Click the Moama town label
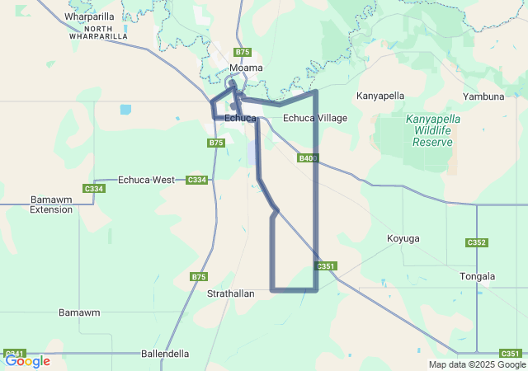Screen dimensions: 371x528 [x=246, y=68]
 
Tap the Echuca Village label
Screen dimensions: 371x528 [x=315, y=118]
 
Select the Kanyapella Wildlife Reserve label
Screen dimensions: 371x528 [x=433, y=130]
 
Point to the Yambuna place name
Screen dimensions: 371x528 [x=483, y=96]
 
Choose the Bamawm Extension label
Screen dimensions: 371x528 [x=51, y=204]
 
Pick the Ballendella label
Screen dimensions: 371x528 [x=165, y=354]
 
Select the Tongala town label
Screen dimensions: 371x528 [x=478, y=276]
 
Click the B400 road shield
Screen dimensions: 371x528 [x=308, y=157]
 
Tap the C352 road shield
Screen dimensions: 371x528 [x=477, y=242]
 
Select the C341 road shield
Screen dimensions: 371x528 [x=13, y=353]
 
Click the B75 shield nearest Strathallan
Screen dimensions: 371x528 [x=199, y=277]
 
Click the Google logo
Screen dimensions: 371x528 [x=27, y=360]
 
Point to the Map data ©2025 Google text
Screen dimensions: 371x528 [x=476, y=364]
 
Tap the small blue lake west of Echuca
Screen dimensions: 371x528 [x=125, y=110]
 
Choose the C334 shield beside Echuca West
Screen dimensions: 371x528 [x=196, y=180]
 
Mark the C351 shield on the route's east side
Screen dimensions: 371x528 [x=327, y=266]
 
